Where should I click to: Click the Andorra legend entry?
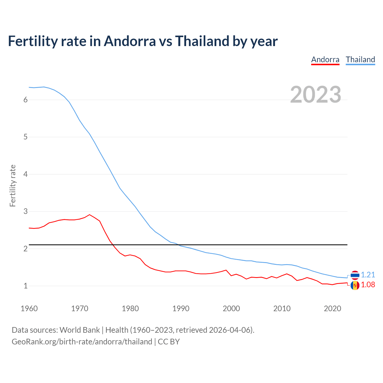click(325, 60)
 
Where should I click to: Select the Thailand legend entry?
click(360, 60)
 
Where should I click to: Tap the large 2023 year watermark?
click(316, 95)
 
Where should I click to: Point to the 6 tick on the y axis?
click(25, 100)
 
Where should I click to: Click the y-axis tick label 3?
click(25, 212)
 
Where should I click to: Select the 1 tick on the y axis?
click(25, 286)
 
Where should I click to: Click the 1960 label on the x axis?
click(29, 308)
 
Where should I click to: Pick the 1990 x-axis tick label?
click(181, 308)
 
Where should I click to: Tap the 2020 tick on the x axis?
click(332, 308)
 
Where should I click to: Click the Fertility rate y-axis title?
click(13, 186)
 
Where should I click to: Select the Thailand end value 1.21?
click(368, 275)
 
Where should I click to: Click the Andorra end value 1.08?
click(368, 285)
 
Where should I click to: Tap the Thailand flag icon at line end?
click(355, 275)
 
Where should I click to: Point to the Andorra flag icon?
click(355, 285)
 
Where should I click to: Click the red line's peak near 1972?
click(89, 215)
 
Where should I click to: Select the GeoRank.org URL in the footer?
click(82, 342)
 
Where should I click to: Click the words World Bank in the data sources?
click(80, 330)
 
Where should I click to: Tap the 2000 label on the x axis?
click(231, 308)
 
